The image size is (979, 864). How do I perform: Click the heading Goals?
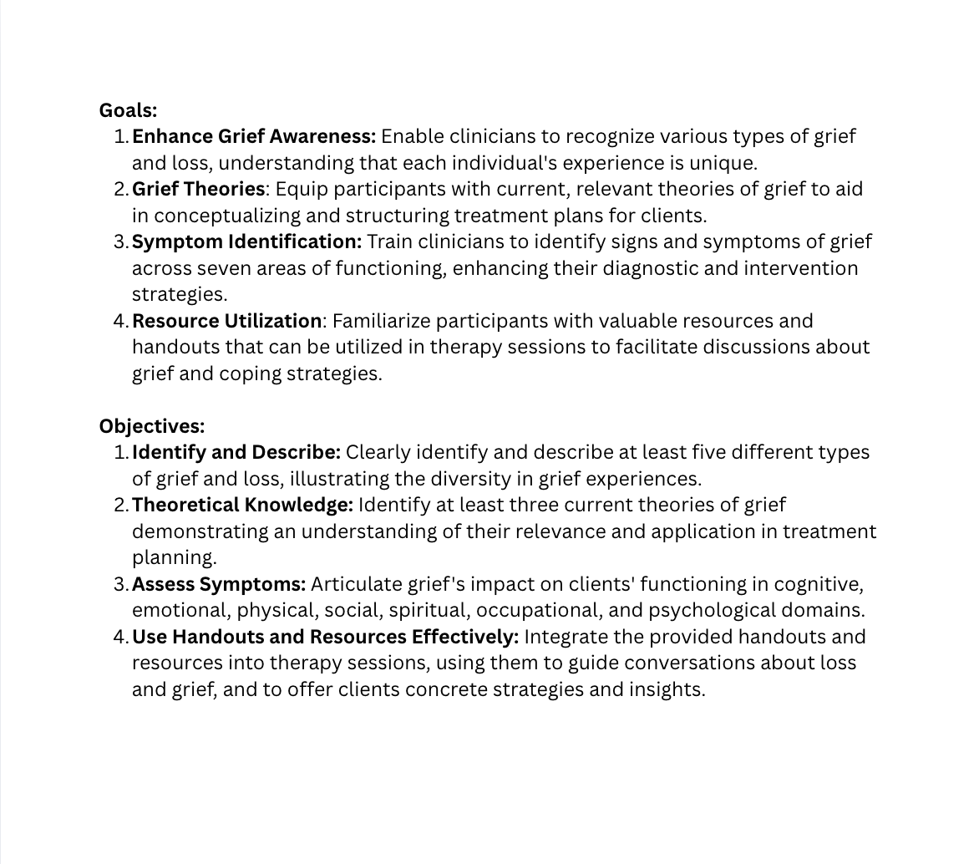click(x=128, y=110)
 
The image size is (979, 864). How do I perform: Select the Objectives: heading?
click(x=151, y=426)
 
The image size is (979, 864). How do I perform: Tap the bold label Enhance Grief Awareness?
click(x=254, y=136)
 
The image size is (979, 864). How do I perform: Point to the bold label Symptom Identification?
click(x=246, y=241)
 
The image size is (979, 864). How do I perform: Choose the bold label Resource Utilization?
click(x=226, y=321)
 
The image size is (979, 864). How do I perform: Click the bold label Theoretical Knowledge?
click(x=242, y=505)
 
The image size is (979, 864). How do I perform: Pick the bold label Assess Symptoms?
click(x=219, y=584)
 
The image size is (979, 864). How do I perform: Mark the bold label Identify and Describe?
click(x=236, y=452)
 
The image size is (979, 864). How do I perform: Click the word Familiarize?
click(x=379, y=321)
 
